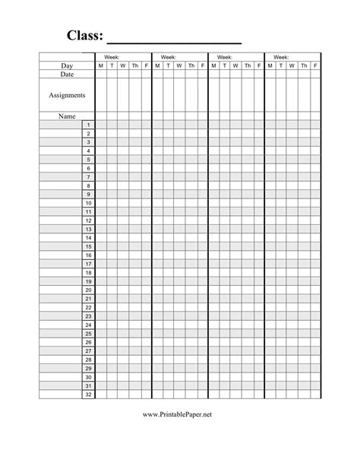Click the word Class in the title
point(84,36)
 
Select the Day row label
point(67,66)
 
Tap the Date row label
point(67,74)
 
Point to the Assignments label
point(67,95)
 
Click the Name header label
point(67,116)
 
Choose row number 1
point(89,125)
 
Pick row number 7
point(89,177)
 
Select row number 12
point(89,220)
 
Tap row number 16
point(89,255)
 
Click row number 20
point(89,290)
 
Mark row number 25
point(89,334)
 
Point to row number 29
point(89,368)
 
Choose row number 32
point(89,395)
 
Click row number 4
point(89,151)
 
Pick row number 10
point(89,203)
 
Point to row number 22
point(89,307)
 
